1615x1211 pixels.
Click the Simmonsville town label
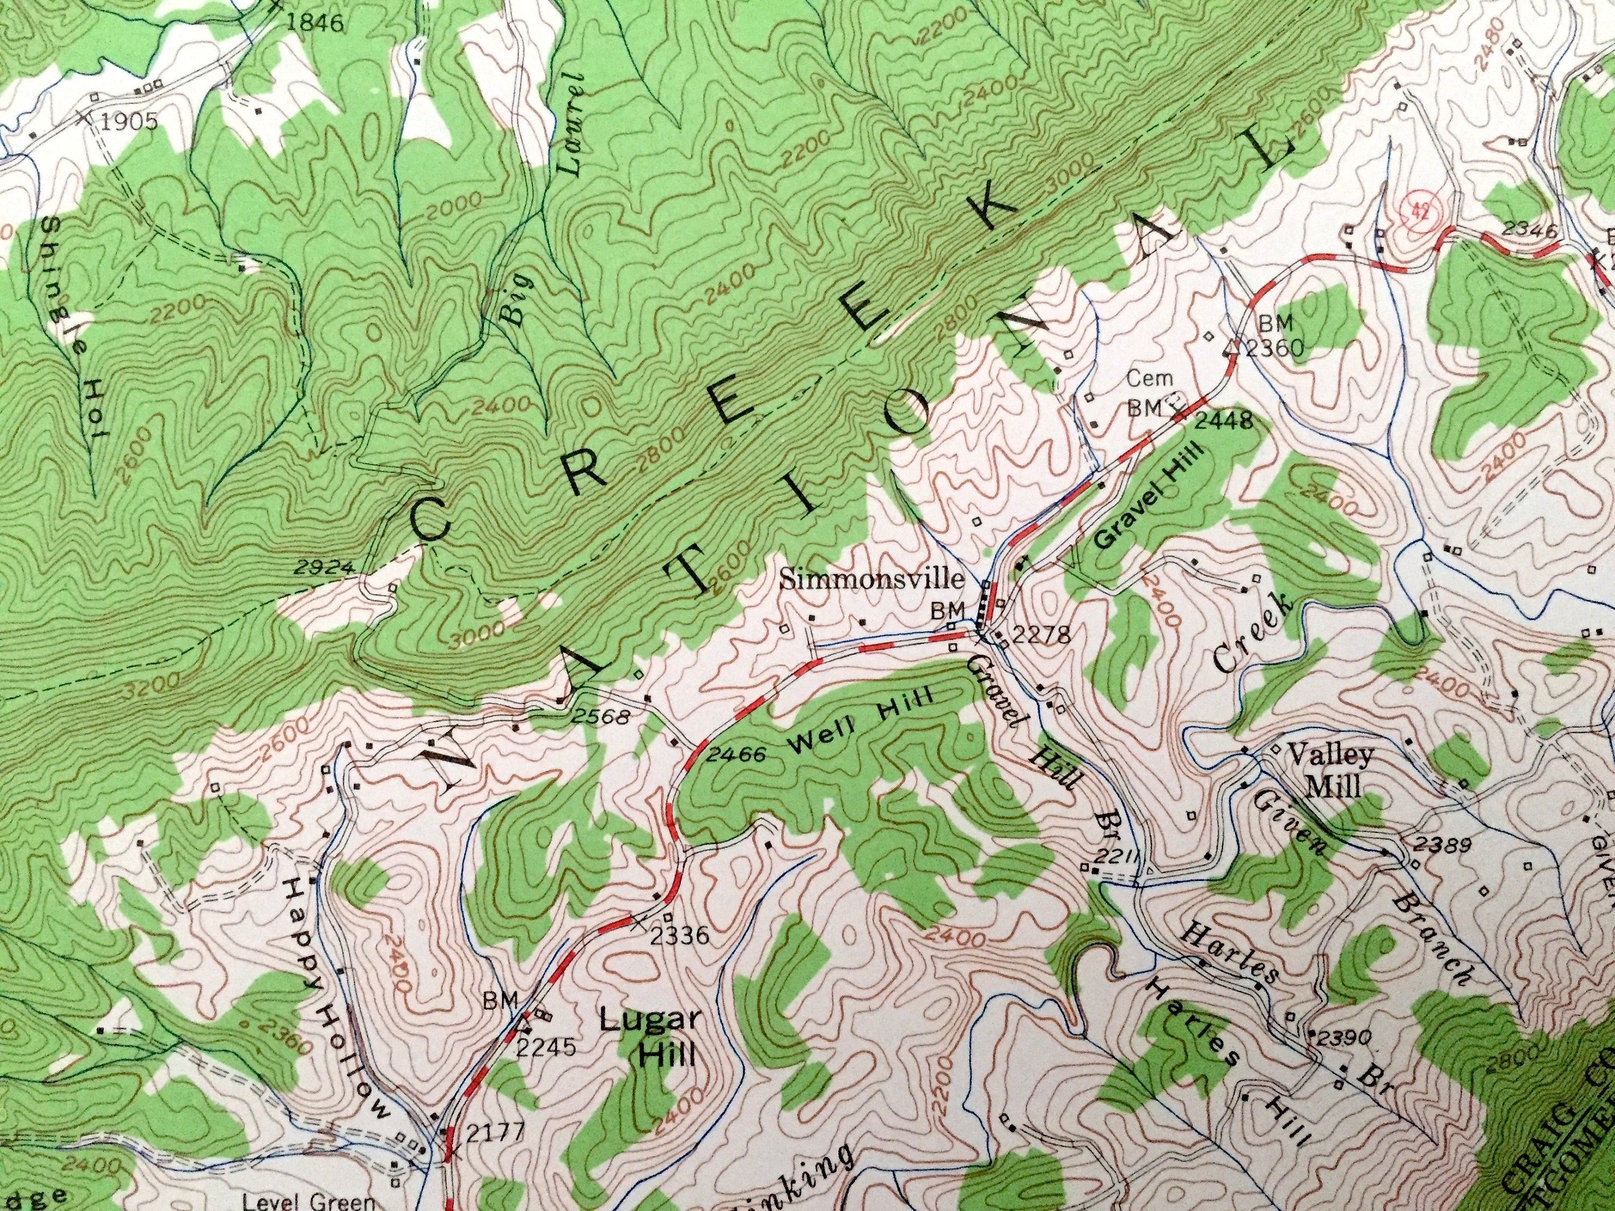click(x=873, y=580)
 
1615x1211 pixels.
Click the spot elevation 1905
click(x=129, y=121)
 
